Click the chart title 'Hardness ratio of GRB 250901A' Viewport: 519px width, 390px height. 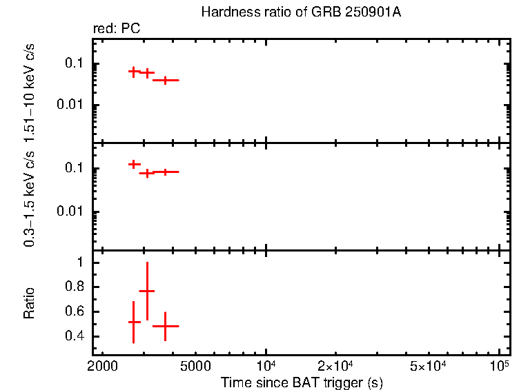point(301,13)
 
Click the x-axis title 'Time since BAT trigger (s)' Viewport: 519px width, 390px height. point(302,382)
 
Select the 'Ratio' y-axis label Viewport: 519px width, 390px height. point(29,302)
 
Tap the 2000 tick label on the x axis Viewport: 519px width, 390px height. point(104,365)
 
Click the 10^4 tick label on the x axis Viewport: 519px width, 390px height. point(267,364)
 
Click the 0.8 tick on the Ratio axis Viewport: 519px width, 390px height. point(75,287)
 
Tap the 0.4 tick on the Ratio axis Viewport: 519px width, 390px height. point(75,336)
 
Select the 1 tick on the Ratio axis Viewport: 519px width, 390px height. point(79,263)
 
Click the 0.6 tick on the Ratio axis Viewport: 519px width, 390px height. point(75,311)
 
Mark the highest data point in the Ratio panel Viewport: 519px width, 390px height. point(147,291)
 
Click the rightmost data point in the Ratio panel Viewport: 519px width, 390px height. point(165,326)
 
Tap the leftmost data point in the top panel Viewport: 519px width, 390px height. point(135,71)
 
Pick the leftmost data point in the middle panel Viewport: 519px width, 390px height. point(135,164)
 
